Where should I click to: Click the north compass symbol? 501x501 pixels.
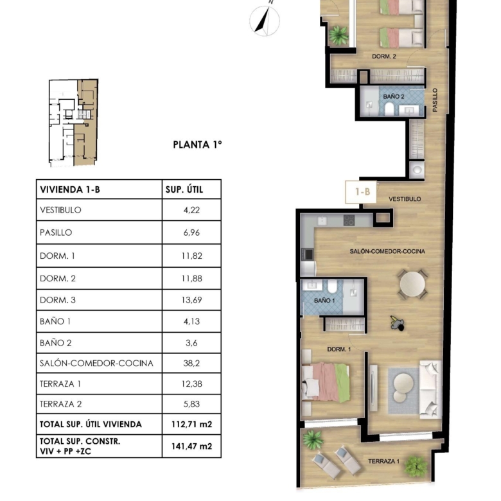(x=265, y=20)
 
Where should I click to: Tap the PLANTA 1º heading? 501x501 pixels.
(x=197, y=145)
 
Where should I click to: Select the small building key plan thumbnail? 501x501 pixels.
(x=73, y=123)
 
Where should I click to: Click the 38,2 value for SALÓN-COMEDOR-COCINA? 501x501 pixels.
(x=191, y=364)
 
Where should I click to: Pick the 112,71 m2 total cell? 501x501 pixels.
(x=191, y=425)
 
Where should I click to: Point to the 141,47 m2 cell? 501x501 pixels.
(x=191, y=446)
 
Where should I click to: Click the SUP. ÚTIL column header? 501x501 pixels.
(x=184, y=189)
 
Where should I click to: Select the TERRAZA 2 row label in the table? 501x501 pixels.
(x=61, y=404)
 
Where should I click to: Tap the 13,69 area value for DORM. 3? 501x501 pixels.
(x=191, y=300)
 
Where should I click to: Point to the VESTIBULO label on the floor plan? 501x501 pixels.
(x=405, y=199)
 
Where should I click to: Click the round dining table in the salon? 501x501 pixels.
(x=412, y=284)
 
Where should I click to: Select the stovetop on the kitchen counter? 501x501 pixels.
(x=349, y=220)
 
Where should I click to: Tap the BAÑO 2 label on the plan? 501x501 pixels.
(x=394, y=96)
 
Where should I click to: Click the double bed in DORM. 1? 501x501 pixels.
(x=326, y=382)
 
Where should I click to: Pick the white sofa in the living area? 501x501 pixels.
(x=430, y=389)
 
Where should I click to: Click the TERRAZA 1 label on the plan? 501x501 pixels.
(x=383, y=461)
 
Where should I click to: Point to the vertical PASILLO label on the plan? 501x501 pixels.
(x=435, y=100)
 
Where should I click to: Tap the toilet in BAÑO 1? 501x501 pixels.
(x=332, y=286)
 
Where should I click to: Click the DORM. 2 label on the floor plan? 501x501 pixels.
(x=384, y=57)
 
